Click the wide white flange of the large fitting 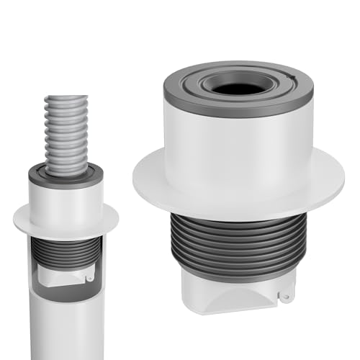point(158,180)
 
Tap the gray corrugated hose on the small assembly point(66,137)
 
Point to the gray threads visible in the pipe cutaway point(65,248)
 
